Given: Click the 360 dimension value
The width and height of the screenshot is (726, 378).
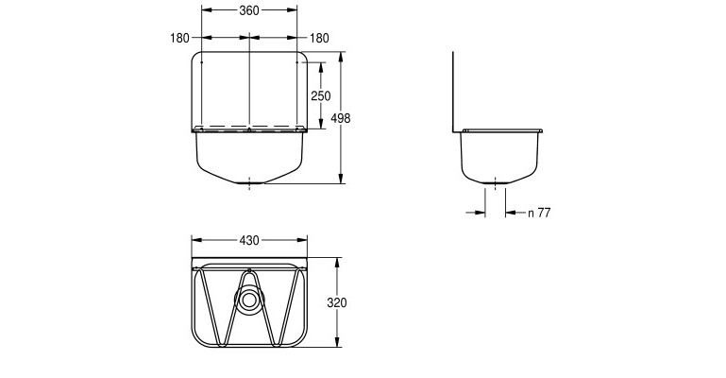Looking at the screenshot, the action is (x=249, y=10).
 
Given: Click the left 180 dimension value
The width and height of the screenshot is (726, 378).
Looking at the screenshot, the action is (x=179, y=38).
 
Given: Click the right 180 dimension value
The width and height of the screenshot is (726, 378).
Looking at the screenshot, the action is (x=319, y=38).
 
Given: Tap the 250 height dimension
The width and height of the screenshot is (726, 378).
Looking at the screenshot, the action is (x=321, y=95).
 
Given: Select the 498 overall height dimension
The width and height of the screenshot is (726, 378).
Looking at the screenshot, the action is (x=341, y=118).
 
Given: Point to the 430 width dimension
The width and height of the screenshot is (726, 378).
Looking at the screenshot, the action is (x=249, y=240).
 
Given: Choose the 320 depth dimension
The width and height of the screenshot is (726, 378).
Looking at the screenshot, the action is (x=337, y=302).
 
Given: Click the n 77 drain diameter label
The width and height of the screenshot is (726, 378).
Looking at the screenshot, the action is (x=539, y=213).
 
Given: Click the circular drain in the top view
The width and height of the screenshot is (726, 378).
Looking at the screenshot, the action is (x=249, y=301).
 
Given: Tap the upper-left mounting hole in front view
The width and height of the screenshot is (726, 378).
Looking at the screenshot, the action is (x=202, y=61).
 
